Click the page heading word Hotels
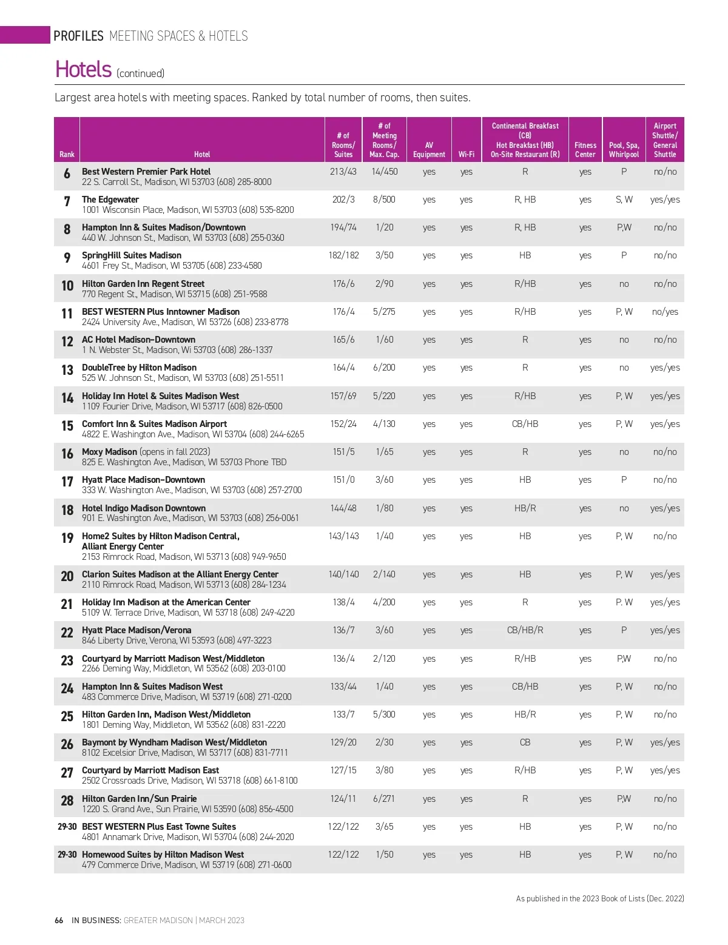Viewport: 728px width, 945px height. (x=83, y=70)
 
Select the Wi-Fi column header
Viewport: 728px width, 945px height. (x=466, y=155)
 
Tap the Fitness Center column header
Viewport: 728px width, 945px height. (x=585, y=150)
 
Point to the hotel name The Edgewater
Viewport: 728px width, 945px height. (x=110, y=200)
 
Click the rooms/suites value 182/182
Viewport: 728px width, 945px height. (x=343, y=255)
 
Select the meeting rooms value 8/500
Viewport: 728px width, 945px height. (x=384, y=200)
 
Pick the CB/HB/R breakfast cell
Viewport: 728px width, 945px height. (x=525, y=630)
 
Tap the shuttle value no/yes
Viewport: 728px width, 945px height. (x=665, y=312)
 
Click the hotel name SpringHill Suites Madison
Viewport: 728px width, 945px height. (x=132, y=255)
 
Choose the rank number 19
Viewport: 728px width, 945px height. (x=67, y=538)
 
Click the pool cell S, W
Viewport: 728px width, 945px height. (x=624, y=200)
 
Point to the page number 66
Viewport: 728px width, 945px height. (x=59, y=920)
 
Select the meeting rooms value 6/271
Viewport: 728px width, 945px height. (x=384, y=799)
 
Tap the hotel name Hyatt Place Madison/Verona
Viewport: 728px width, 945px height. (x=136, y=630)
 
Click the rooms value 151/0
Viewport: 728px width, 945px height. (x=343, y=480)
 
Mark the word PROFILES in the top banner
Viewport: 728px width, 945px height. (x=78, y=36)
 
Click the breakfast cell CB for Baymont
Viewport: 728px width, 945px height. (x=525, y=742)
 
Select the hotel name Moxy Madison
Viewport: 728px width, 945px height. (x=109, y=452)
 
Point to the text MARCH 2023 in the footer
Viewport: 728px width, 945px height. (x=221, y=920)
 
